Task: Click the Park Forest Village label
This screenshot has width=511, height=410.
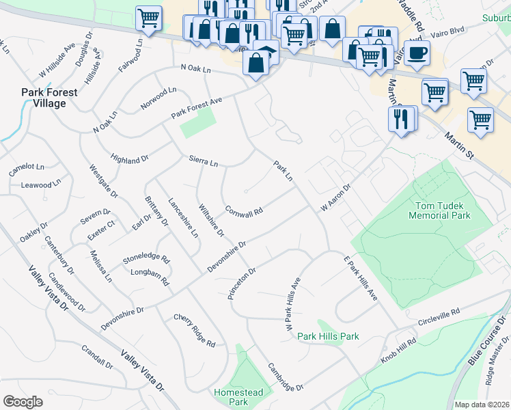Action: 44,98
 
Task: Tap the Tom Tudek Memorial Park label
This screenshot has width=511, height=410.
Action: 449,210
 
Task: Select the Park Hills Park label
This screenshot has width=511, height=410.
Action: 328,336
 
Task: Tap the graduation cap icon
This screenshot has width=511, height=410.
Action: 266,53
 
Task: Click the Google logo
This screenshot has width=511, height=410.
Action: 23,402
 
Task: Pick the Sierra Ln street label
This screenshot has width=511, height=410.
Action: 204,162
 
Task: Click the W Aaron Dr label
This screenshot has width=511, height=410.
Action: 335,197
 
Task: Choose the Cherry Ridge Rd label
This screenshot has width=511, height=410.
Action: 195,329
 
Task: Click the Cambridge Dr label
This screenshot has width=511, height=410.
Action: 286,377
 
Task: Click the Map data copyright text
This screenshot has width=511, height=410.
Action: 482,405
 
